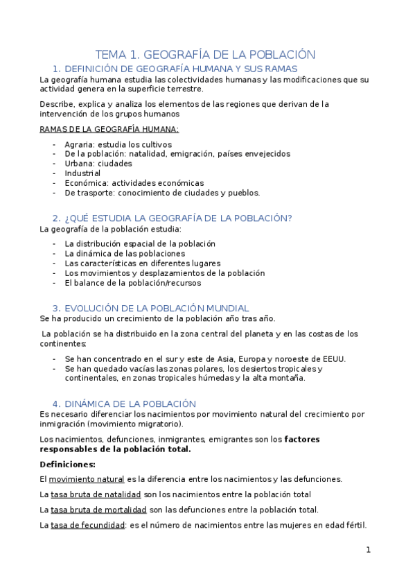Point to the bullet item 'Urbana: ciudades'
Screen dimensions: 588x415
(x=98, y=164)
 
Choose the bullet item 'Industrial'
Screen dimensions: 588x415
(x=82, y=173)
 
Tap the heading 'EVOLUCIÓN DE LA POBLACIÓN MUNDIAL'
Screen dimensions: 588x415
(x=156, y=308)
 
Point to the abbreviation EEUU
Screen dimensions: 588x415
(x=331, y=358)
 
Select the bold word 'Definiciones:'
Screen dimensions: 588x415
(x=67, y=464)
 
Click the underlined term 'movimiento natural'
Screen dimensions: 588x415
(x=87, y=479)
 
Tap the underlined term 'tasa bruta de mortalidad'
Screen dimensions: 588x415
(x=98, y=510)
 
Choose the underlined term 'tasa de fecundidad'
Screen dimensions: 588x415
(x=87, y=525)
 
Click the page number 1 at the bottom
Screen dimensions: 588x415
(x=369, y=550)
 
